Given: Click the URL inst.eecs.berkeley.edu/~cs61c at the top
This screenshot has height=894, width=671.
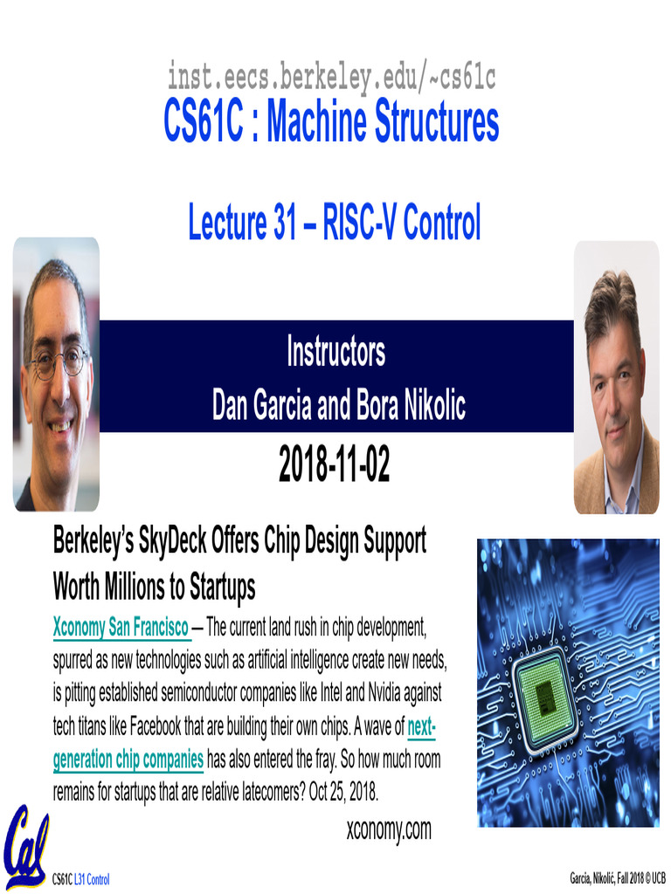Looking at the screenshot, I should click(x=331, y=79).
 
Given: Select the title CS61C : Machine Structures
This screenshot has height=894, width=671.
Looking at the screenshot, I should click(x=331, y=122).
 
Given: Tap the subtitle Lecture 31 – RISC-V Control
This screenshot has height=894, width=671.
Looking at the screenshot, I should click(x=335, y=223).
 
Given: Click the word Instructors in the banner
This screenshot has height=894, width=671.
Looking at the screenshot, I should click(x=335, y=353).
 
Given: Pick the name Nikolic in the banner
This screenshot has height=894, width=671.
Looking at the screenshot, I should click(x=428, y=405).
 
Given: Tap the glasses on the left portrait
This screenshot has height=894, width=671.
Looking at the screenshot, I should click(x=58, y=360).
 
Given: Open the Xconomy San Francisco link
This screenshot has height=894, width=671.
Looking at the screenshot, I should click(x=121, y=627).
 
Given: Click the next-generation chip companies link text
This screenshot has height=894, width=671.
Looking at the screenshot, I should click(x=128, y=760).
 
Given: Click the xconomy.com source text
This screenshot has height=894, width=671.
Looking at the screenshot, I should click(x=389, y=829).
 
